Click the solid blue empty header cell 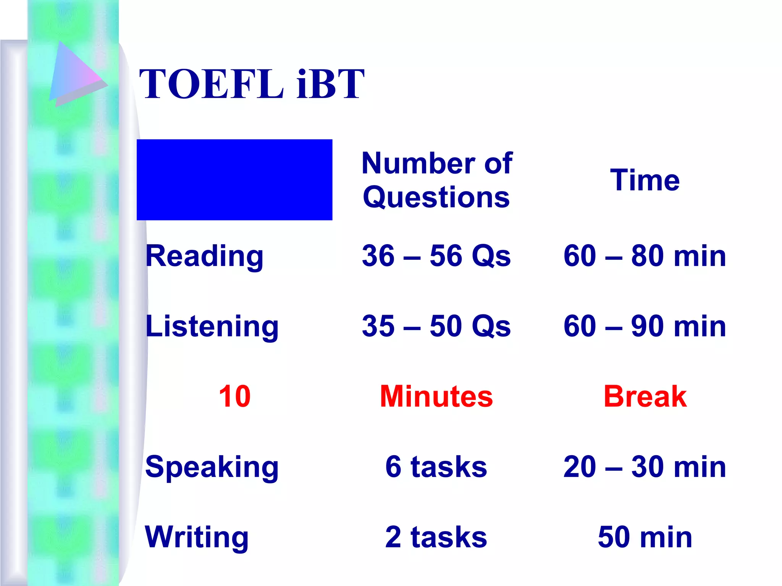click(x=234, y=180)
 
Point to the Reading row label click(x=204, y=256)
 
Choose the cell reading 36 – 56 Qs click(x=436, y=256)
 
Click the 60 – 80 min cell click(x=645, y=256)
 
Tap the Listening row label click(x=212, y=326)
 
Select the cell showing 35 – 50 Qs click(x=436, y=326)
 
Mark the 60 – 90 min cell click(x=645, y=326)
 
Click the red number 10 click(x=234, y=396)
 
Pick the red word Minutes click(x=436, y=396)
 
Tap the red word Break click(x=645, y=396)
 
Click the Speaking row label click(x=212, y=467)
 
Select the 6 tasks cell click(x=436, y=467)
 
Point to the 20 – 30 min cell click(x=645, y=467)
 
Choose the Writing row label click(x=197, y=537)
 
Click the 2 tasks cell click(x=436, y=537)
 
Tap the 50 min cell click(x=645, y=537)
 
